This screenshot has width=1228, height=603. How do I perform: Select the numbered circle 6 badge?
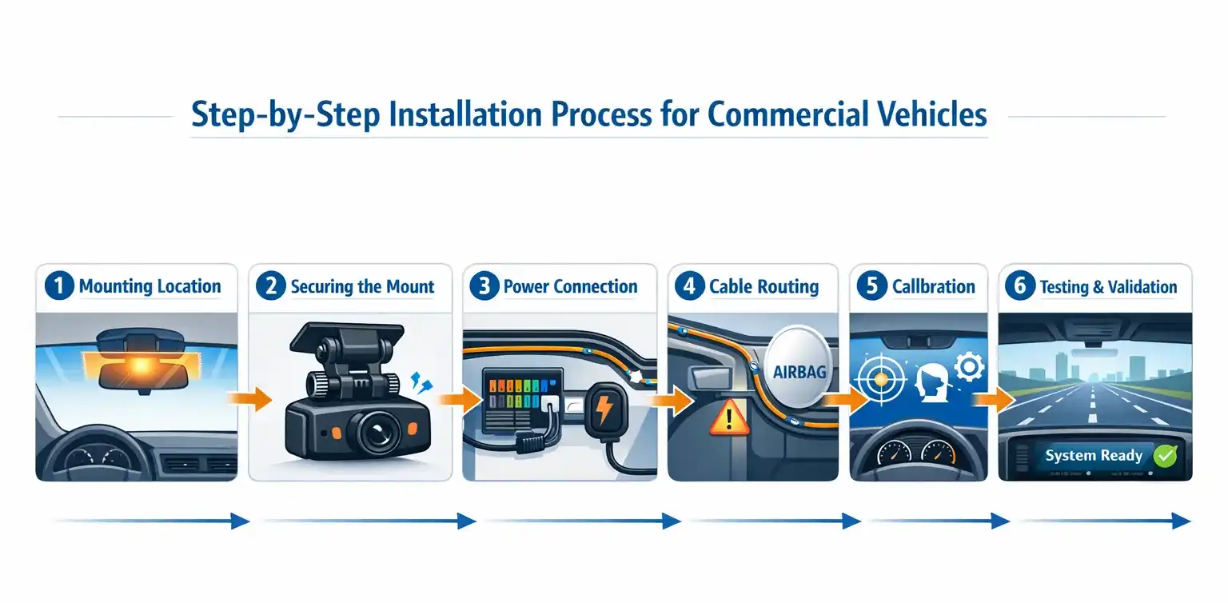coord(1019,286)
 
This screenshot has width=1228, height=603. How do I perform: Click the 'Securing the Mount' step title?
coord(362,286)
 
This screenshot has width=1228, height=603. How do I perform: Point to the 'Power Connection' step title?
coord(570,286)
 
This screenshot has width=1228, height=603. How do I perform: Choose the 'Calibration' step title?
coord(933,286)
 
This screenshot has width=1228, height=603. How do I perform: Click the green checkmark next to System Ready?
coord(1165,457)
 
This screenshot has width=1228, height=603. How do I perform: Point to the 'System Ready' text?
coord(1093,456)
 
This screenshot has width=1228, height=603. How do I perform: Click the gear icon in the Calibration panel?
coord(970,368)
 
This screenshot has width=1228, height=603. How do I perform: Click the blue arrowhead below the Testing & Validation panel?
coord(1182,521)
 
